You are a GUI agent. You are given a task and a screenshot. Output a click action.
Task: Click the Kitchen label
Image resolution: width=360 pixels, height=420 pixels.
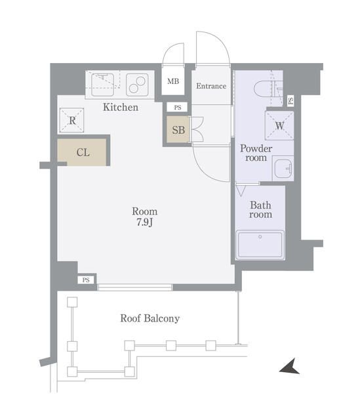click(120, 107)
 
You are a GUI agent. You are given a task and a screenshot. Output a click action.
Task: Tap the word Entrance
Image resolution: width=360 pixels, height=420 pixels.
click(211, 86)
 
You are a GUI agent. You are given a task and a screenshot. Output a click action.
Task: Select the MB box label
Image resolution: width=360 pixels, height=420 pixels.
click(173, 82)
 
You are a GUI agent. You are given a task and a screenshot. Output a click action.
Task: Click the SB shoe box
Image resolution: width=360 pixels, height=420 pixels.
click(178, 130)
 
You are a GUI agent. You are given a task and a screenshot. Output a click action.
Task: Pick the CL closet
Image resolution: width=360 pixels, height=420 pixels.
click(83, 152)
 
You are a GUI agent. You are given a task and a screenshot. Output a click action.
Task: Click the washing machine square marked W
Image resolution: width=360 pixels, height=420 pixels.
click(279, 125)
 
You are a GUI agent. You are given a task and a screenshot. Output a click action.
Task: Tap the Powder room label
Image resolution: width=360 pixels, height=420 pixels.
click(255, 153)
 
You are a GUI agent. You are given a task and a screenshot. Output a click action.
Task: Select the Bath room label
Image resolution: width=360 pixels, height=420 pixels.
click(260, 209)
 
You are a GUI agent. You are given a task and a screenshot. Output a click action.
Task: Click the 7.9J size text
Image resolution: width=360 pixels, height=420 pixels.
click(144, 222)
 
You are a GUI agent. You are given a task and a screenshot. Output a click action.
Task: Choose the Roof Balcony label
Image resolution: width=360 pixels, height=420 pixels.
click(150, 319)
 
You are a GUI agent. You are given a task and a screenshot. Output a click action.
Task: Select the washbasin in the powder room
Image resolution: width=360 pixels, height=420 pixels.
click(283, 169)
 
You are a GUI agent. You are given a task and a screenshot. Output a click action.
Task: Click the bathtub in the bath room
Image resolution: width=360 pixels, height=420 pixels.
click(260, 245)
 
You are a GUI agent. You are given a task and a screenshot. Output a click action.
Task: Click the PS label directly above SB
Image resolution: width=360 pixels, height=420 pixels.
click(177, 108)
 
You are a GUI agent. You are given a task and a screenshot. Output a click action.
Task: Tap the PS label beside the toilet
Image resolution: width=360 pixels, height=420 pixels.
click(290, 100)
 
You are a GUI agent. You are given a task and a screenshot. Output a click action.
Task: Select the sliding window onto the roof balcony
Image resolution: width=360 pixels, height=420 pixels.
click(135, 287)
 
